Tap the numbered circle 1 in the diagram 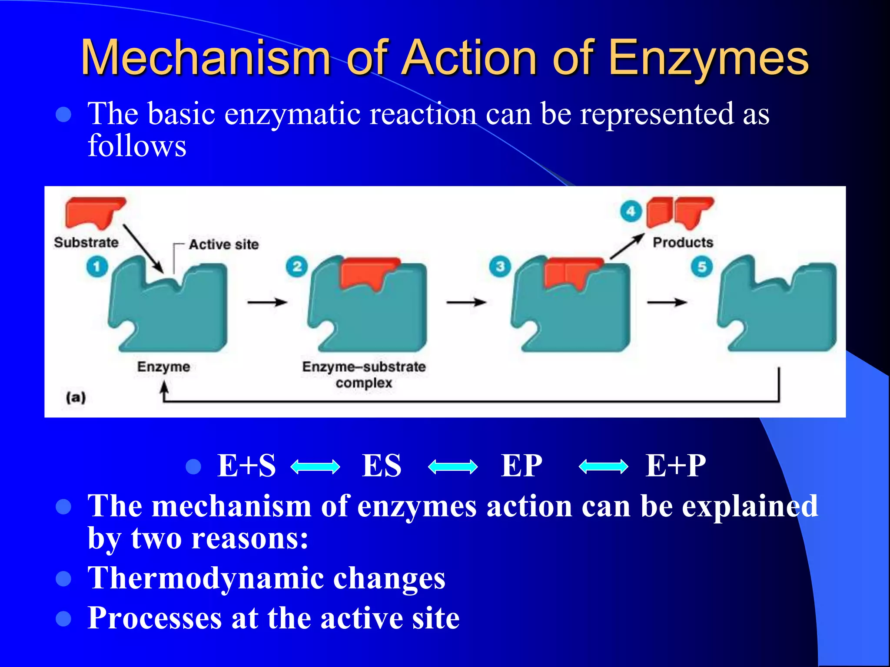click(x=96, y=266)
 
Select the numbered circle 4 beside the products click(x=631, y=212)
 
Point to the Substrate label click(x=86, y=242)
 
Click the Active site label click(x=223, y=244)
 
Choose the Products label click(x=683, y=242)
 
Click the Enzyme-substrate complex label click(x=364, y=375)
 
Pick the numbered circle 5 click(x=702, y=267)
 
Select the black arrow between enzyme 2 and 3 click(x=466, y=302)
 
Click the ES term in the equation click(x=382, y=466)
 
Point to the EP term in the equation click(x=521, y=466)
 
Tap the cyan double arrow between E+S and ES click(x=315, y=467)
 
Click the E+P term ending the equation click(x=675, y=466)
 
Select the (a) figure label click(x=76, y=397)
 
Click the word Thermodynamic click(x=206, y=578)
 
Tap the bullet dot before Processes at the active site click(x=64, y=618)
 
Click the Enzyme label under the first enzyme click(x=163, y=367)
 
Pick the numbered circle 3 click(x=500, y=266)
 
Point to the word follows click(x=137, y=145)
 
